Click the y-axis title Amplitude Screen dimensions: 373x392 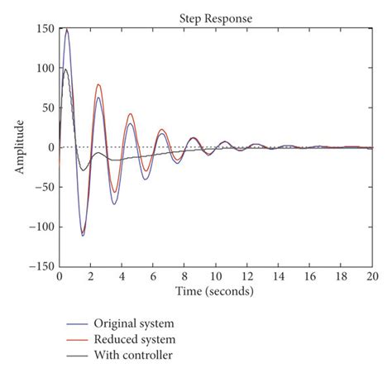17,147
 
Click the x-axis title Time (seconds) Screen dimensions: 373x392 214,292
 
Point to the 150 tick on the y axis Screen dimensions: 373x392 45,29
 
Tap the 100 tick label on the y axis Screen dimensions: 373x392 45,69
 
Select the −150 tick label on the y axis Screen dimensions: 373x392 41,267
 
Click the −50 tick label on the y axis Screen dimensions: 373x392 43,188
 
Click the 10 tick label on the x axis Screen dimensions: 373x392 215,279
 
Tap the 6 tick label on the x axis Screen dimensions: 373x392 153,279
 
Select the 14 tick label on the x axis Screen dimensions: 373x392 278,279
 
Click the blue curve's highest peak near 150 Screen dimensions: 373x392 67,30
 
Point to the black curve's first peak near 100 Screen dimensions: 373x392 66,69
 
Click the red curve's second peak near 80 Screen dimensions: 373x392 98,84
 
